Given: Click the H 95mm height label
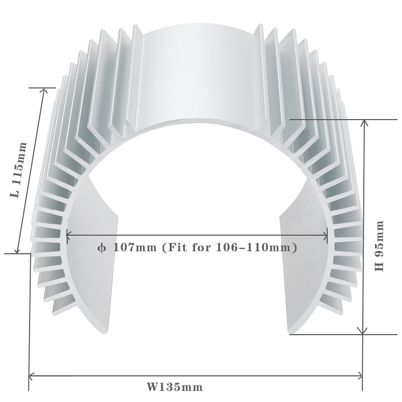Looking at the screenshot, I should (x=380, y=245).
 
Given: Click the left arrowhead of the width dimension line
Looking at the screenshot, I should (x=31, y=375).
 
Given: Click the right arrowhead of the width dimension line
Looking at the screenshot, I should (x=360, y=375).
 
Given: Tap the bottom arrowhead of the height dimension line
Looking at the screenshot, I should (x=363, y=331).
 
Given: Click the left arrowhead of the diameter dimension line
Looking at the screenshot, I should (x=69, y=234).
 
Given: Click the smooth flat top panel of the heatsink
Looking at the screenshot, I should (x=198, y=75).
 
